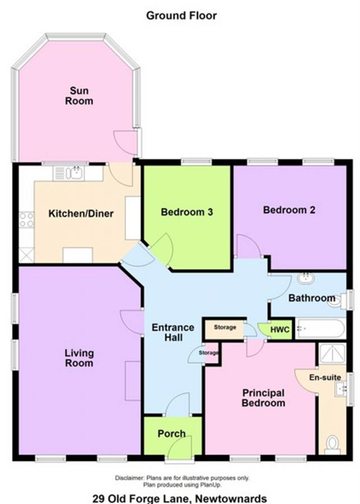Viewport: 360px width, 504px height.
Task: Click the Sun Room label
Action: [79, 96]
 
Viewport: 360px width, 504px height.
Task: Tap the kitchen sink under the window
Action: [68, 173]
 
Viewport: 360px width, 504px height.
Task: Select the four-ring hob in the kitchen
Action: [26, 220]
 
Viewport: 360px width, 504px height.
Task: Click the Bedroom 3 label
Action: [187, 212]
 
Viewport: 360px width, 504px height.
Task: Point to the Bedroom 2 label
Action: [289, 210]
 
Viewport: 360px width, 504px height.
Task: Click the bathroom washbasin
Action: [306, 278]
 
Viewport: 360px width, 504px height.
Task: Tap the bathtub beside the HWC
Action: [320, 329]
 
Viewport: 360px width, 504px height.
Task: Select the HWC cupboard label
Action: [279, 330]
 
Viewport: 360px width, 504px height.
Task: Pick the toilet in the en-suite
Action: [332, 444]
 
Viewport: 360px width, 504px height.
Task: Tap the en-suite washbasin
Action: [341, 389]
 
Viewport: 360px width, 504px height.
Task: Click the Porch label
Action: [172, 434]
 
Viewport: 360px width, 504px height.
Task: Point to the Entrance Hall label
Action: [173, 332]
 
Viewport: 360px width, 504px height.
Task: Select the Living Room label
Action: [79, 358]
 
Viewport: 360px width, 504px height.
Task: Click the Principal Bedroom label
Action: [263, 398]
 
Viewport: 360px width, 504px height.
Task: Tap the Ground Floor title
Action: [181, 16]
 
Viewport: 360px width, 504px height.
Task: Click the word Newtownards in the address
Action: [231, 498]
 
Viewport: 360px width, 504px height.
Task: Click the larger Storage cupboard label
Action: [225, 327]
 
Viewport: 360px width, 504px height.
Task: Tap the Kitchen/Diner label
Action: [81, 214]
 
